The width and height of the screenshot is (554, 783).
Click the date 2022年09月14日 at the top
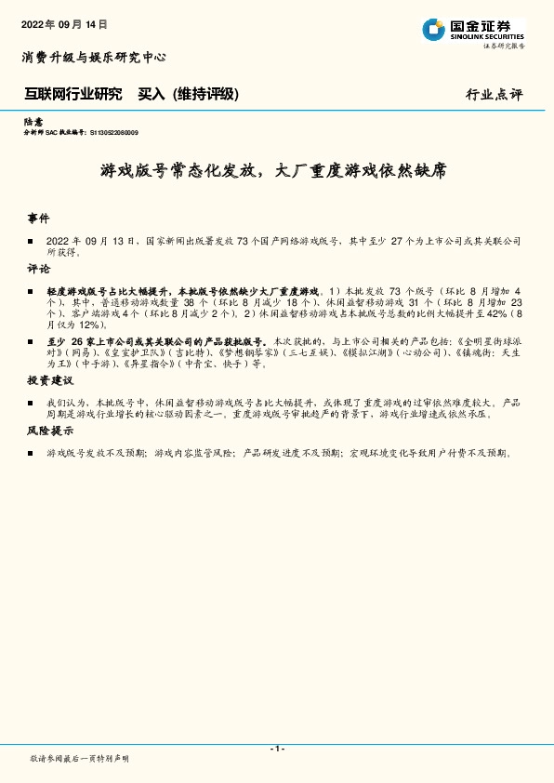coord(64,25)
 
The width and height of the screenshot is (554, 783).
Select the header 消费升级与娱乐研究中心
coord(93,58)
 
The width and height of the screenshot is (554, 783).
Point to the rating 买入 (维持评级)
coord(188,94)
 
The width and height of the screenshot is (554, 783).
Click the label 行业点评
coord(494,94)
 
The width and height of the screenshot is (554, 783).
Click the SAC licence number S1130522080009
coord(128,133)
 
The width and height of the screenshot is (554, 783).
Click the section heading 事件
coord(37,219)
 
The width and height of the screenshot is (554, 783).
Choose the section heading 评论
coord(37,269)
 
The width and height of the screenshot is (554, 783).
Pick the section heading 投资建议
coord(49,381)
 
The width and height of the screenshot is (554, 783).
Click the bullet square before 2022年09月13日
coord(31,240)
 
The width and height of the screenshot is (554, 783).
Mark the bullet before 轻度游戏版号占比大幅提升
coord(31,291)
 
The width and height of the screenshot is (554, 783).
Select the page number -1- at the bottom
coord(276,748)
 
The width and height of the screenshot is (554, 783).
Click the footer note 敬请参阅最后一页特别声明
coord(80,759)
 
